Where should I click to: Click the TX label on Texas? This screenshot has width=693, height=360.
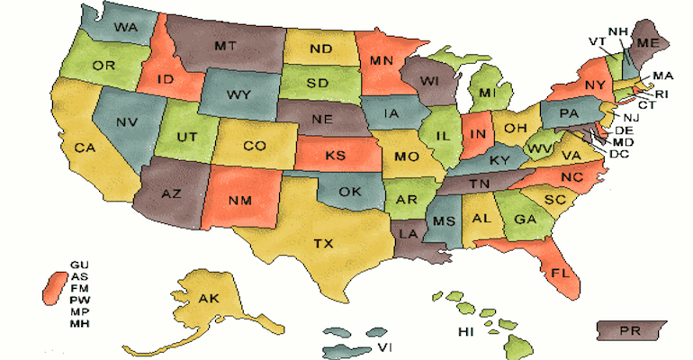(x=323, y=243)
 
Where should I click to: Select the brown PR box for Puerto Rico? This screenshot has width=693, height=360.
(x=631, y=331)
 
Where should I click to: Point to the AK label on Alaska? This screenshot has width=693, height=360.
(x=208, y=299)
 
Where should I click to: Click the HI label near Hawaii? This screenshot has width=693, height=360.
(x=465, y=332)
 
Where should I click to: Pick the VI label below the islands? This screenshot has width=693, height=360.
(x=383, y=346)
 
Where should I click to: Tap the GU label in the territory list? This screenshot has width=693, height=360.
(x=79, y=264)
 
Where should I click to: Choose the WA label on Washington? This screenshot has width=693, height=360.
(x=125, y=28)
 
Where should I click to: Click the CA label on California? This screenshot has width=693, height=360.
(x=85, y=148)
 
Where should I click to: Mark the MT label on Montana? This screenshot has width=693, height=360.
(x=226, y=44)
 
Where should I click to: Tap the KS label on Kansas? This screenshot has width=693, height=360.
(x=335, y=156)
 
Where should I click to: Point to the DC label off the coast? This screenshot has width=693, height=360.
(x=618, y=154)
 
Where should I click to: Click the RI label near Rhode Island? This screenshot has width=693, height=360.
(x=661, y=93)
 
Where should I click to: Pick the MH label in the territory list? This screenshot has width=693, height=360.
(x=79, y=322)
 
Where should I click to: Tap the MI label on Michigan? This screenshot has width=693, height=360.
(x=487, y=94)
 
